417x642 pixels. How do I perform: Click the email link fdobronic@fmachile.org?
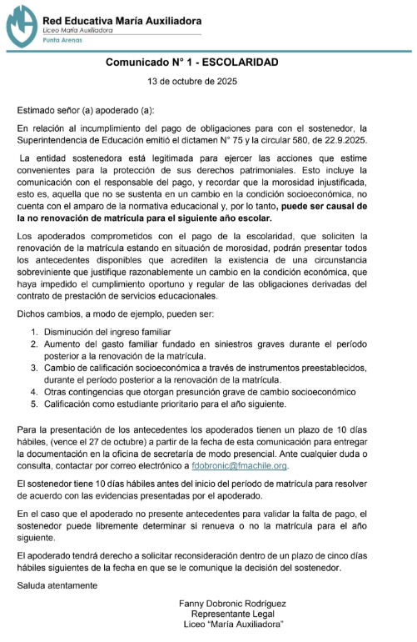point(239,466)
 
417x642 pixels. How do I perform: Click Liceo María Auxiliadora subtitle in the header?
point(77,28)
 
